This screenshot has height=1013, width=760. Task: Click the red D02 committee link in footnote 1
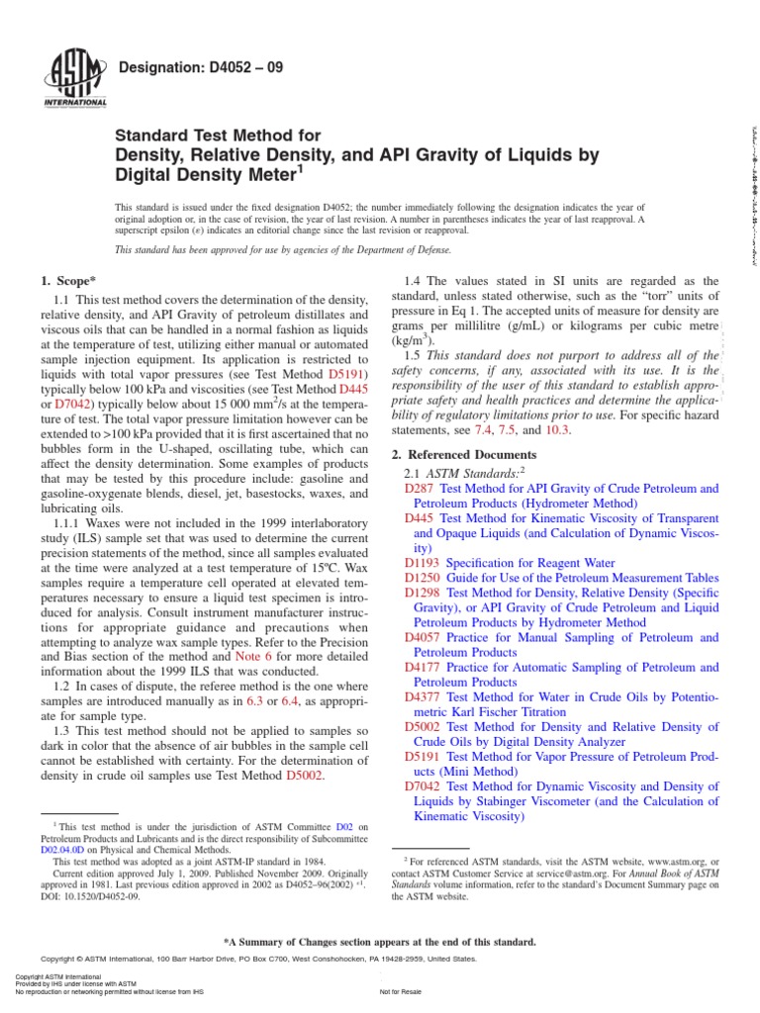(x=344, y=826)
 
